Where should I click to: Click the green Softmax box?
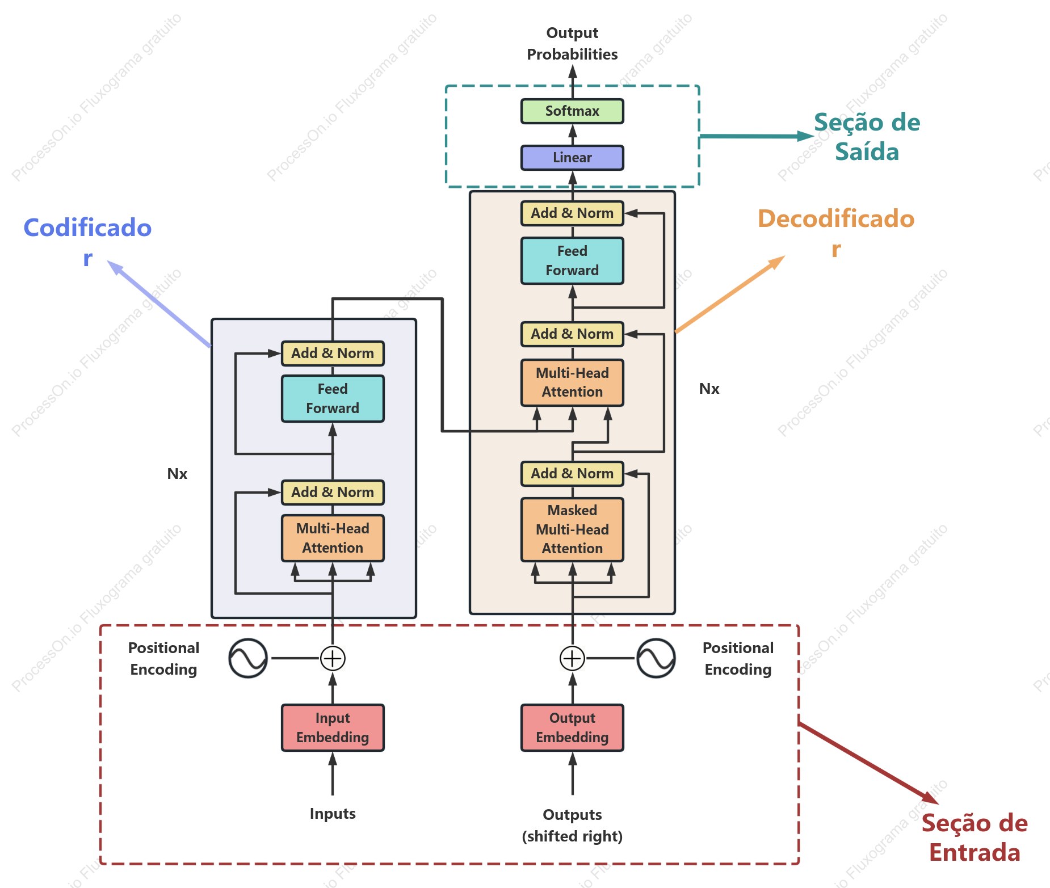click(572, 111)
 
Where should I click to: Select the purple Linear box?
click(572, 158)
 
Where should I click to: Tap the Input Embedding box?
click(333, 727)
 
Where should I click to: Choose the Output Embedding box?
click(572, 727)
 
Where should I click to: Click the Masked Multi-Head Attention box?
click(572, 529)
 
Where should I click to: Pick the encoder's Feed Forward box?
click(333, 398)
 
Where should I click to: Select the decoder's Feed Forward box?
click(572, 260)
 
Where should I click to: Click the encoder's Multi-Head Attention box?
click(333, 538)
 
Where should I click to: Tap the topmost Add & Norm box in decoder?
click(572, 213)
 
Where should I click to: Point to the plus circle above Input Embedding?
click(333, 658)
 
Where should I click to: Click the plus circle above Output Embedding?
click(572, 658)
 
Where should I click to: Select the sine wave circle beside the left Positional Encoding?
click(248, 658)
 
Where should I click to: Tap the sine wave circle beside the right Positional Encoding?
click(656, 658)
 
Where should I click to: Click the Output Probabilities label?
click(572, 44)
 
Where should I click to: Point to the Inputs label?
click(333, 814)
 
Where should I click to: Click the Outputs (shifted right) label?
click(572, 826)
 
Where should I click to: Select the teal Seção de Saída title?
click(867, 137)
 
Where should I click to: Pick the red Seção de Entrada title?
click(975, 838)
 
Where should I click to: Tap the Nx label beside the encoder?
click(177, 474)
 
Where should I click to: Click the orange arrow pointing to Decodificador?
click(730, 294)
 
